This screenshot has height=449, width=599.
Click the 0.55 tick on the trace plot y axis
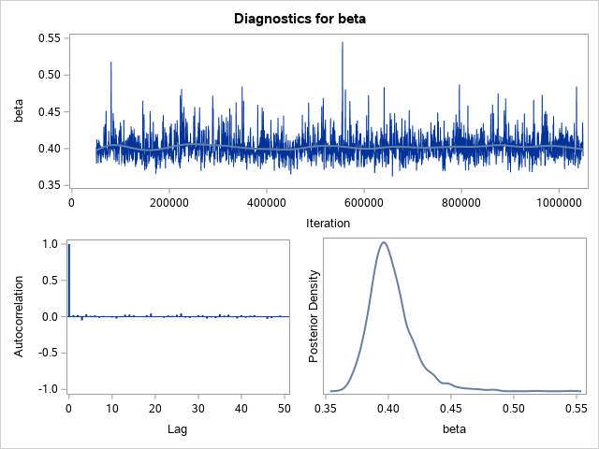[47, 38]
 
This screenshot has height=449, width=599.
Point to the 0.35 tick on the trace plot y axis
[47, 185]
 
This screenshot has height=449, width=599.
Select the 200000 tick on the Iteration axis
[168, 201]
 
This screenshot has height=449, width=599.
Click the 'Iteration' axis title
[328, 223]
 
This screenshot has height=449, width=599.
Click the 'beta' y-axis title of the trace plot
[18, 112]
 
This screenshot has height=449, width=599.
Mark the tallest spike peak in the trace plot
[343, 43]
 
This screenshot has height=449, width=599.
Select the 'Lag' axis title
[179, 429]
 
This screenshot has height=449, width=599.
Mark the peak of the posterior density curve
[383, 242]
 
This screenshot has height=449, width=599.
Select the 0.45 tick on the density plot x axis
[450, 409]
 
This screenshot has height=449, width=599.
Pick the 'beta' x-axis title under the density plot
[453, 429]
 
